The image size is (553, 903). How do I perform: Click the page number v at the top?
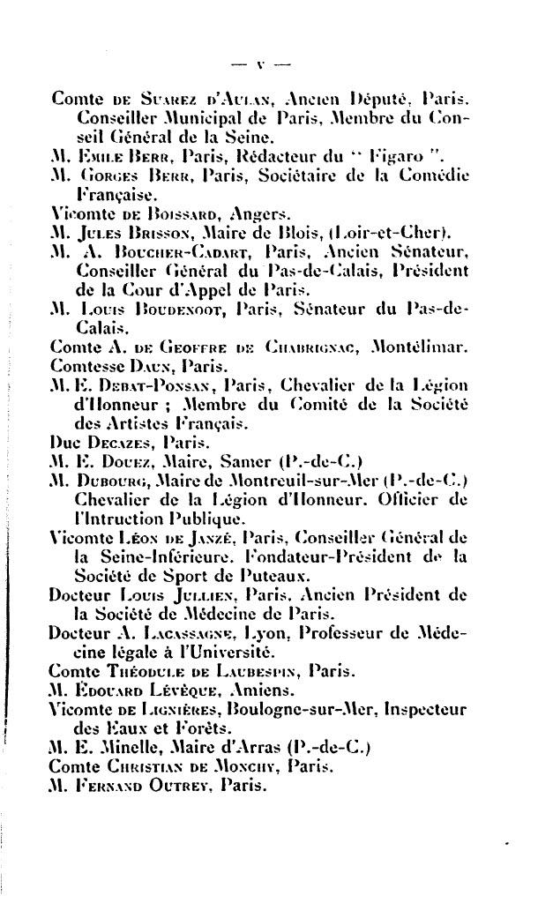click(260, 63)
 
